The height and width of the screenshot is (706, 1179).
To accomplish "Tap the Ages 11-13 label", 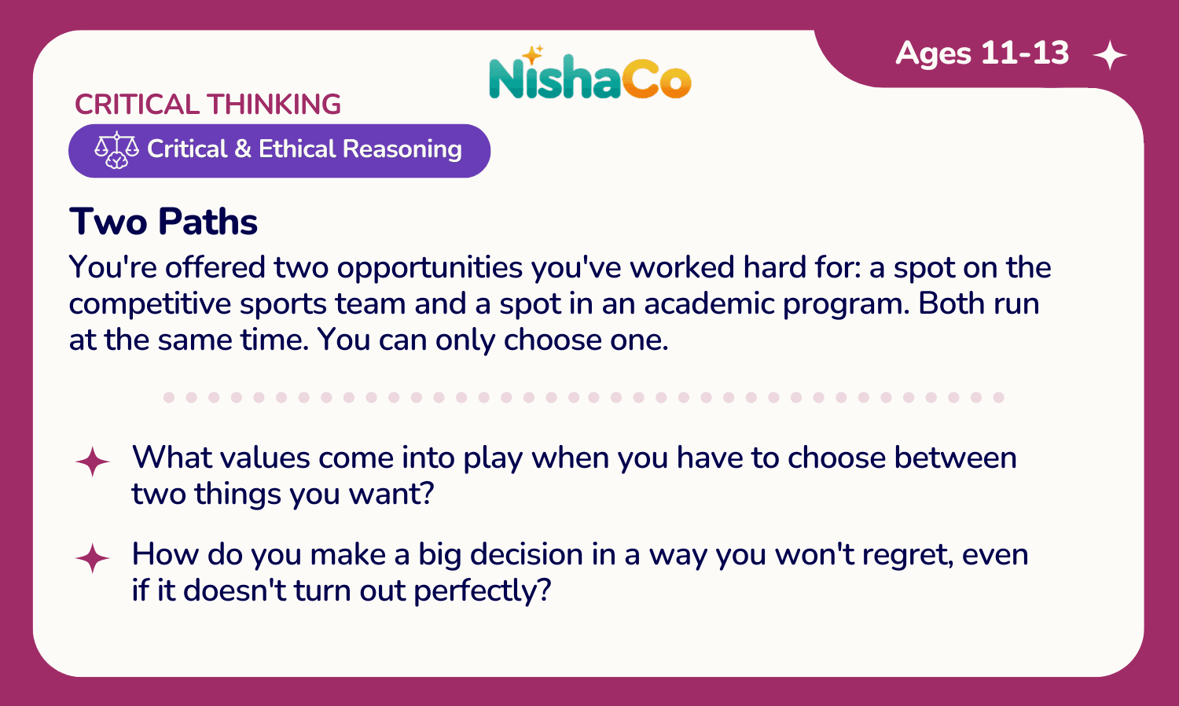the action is pos(982,53).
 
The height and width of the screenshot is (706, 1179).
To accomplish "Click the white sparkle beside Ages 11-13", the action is pos(1110,55).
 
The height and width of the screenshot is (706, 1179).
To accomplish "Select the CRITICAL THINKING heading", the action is pos(208,105).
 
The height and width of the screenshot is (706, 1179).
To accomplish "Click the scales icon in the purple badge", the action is pos(116,150).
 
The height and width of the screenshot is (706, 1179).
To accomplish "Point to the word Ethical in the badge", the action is pos(297,149).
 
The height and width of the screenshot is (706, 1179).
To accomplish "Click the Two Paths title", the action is pos(163,222).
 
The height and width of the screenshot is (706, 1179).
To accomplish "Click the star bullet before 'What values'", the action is pos(93,461).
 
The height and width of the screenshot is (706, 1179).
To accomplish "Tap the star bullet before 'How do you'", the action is pos(93,558).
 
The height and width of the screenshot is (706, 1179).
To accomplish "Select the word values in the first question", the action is pos(265,458).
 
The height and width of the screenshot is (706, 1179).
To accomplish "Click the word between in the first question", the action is pos(955,458).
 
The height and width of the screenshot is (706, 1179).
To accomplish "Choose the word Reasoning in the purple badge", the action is pos(402,150).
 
